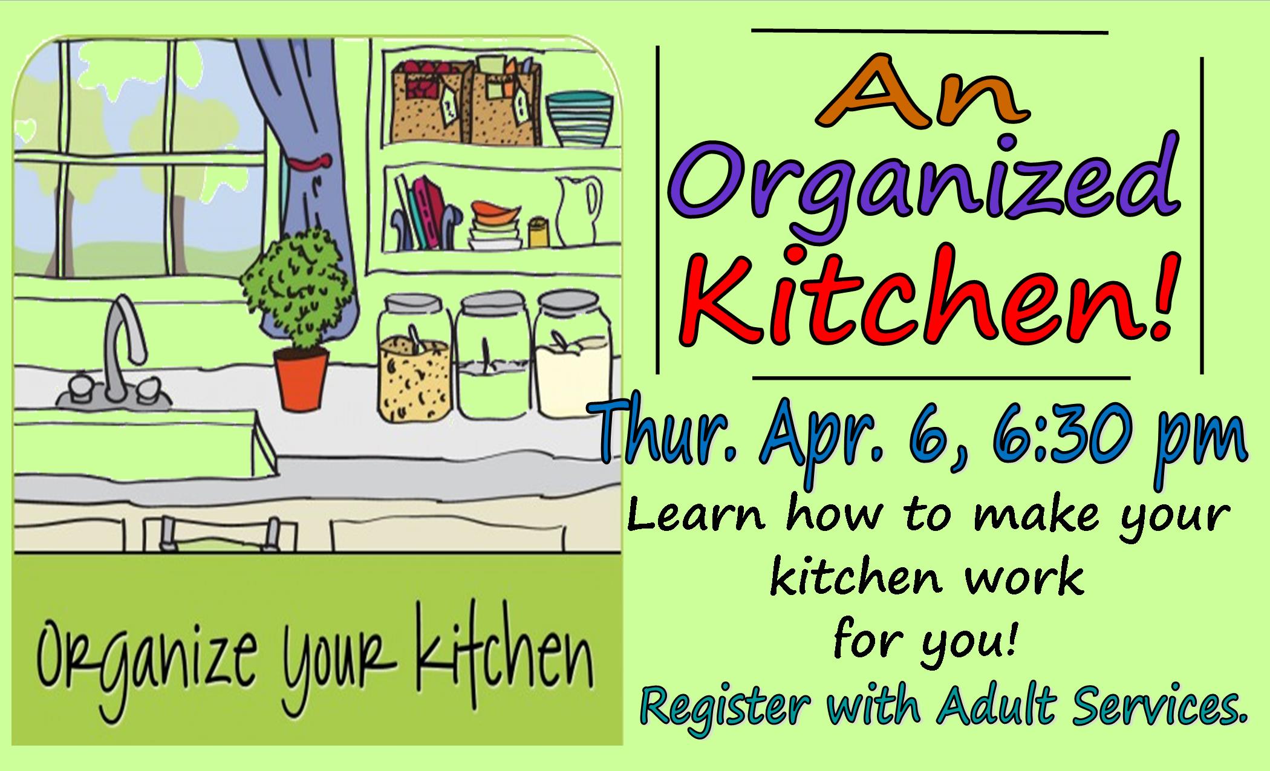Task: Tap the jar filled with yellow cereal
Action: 414,357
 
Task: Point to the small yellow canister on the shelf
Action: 537,232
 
